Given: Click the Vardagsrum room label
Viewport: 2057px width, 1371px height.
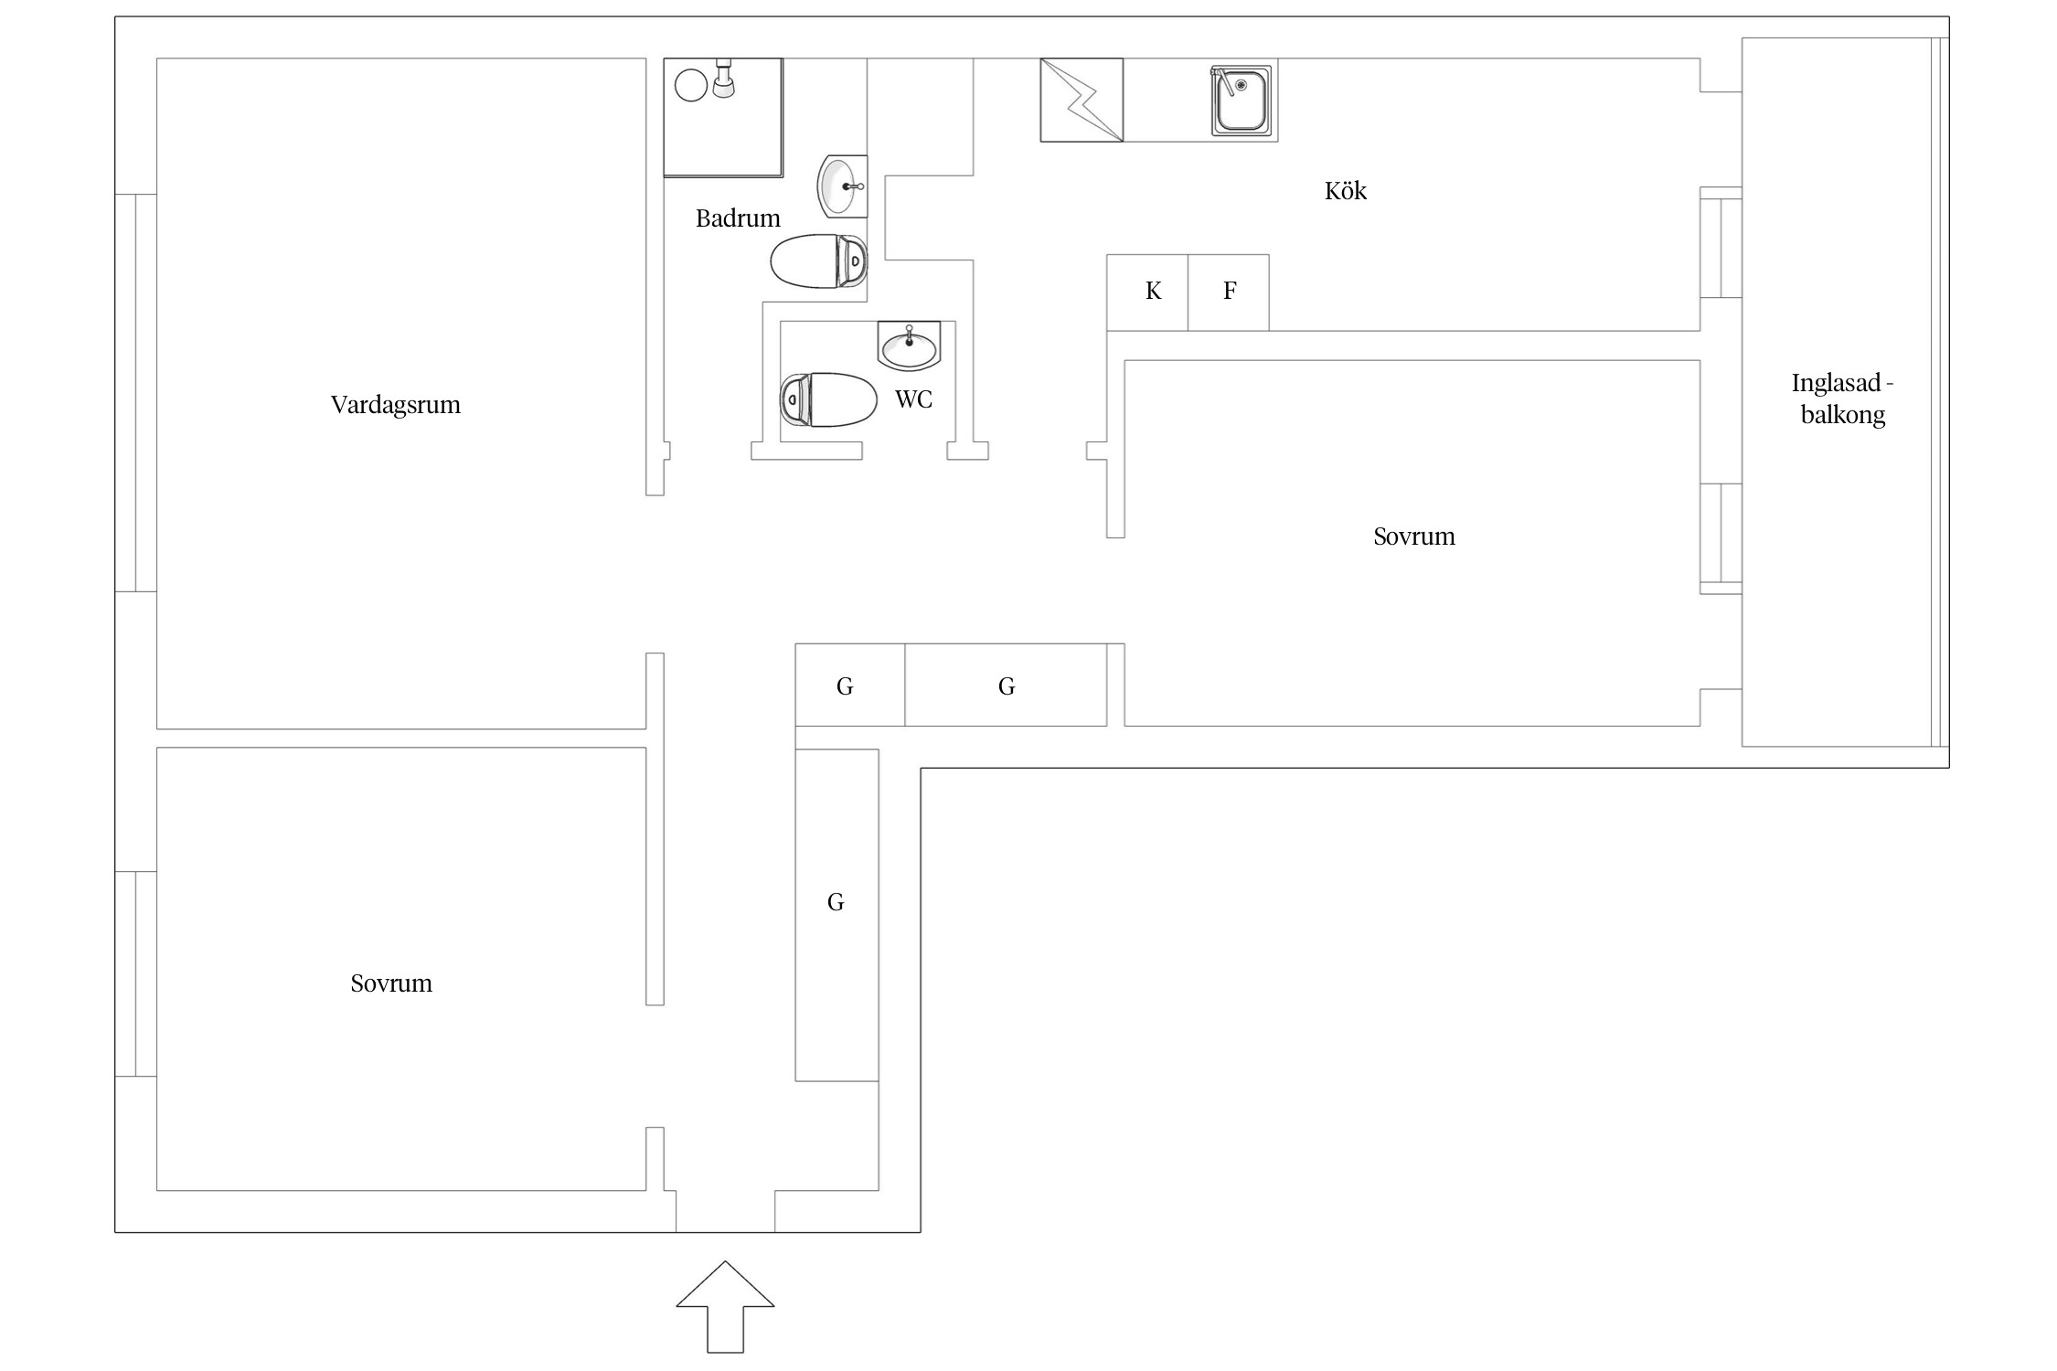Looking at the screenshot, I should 395,405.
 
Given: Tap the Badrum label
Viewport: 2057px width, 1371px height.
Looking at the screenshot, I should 738,218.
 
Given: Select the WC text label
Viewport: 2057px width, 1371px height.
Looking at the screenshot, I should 913,399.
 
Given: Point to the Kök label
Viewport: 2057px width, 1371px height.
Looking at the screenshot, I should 1345,191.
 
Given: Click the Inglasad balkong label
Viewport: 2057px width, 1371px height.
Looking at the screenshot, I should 1842,399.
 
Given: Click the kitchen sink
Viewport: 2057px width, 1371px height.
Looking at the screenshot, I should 1242,101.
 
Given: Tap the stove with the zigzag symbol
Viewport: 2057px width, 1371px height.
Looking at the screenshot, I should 1082,101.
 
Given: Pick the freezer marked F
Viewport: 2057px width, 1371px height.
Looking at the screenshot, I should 1229,292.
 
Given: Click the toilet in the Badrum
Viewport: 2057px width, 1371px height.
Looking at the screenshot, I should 818,261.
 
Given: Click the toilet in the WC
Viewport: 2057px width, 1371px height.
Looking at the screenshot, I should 826,399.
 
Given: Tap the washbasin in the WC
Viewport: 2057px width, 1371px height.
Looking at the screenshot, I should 909,347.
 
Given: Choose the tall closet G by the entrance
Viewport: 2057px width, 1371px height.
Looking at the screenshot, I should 837,914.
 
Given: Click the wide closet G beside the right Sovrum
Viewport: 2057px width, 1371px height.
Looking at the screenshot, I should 1006,685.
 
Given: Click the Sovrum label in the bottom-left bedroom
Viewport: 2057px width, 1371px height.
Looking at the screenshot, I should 391,983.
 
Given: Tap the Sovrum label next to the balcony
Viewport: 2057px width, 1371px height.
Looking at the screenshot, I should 1413,537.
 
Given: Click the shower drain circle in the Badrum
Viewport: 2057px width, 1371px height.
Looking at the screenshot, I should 691,86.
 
